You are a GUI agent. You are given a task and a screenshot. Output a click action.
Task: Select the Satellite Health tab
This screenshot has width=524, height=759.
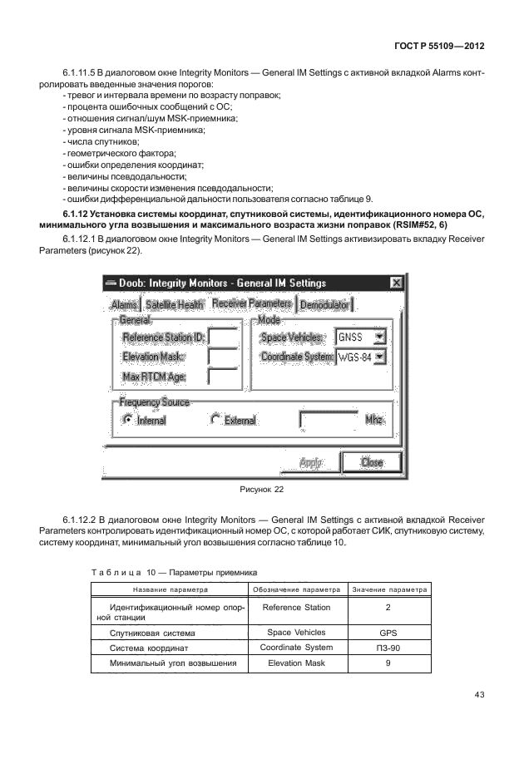(x=175, y=305)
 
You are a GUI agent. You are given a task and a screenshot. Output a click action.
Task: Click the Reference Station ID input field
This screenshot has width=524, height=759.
(x=223, y=337)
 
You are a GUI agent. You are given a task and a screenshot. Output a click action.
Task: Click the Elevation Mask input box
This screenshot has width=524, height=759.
(x=223, y=357)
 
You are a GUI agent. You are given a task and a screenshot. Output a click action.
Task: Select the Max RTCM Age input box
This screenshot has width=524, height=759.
(x=223, y=377)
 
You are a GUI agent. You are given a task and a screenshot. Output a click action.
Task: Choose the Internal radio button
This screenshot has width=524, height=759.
(x=127, y=420)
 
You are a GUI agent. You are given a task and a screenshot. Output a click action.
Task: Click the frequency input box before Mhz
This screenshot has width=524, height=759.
(x=328, y=420)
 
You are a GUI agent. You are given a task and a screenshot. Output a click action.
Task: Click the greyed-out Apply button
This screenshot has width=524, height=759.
(x=310, y=462)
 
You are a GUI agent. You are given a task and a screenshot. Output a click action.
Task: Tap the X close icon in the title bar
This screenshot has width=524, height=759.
(x=397, y=283)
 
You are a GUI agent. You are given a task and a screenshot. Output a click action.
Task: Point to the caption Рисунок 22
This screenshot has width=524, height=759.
(x=261, y=490)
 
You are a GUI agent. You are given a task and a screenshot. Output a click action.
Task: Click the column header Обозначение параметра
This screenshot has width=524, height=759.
(x=296, y=589)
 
